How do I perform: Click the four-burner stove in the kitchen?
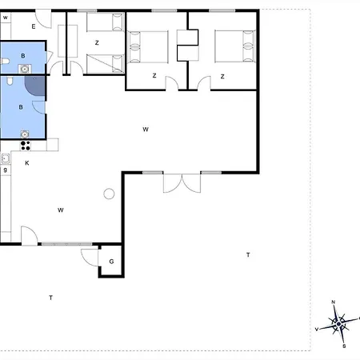pyautogui.click(x=26, y=146)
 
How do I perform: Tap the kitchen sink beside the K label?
pyautogui.click(x=6, y=158)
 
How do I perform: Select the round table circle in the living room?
pyautogui.click(x=109, y=194)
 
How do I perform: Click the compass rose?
pyautogui.click(x=338, y=324)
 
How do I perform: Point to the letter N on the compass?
pyautogui.click(x=333, y=302)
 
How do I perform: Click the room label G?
pyautogui.click(x=111, y=262)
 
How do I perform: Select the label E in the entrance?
pyautogui.click(x=34, y=26)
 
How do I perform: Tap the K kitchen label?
pyautogui.click(x=27, y=163)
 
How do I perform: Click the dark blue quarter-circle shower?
pyautogui.click(x=35, y=86)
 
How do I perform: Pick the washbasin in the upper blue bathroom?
pyautogui.click(x=25, y=69)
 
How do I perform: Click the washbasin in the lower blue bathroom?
pyautogui.click(x=25, y=134)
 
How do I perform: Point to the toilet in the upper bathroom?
pyautogui.click(x=5, y=62)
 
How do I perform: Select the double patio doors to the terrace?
pyautogui.click(x=182, y=183)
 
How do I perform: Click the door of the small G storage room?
pyautogui.click(x=90, y=257)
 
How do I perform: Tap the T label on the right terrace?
pyautogui.click(x=248, y=255)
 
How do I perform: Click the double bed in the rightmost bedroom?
pyautogui.click(x=235, y=46)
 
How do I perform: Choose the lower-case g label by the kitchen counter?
pyautogui.click(x=6, y=170)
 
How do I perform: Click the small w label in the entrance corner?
pyautogui.click(x=6, y=18)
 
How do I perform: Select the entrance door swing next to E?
pyautogui.click(x=43, y=19)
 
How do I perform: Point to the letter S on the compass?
pyautogui.click(x=344, y=346)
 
